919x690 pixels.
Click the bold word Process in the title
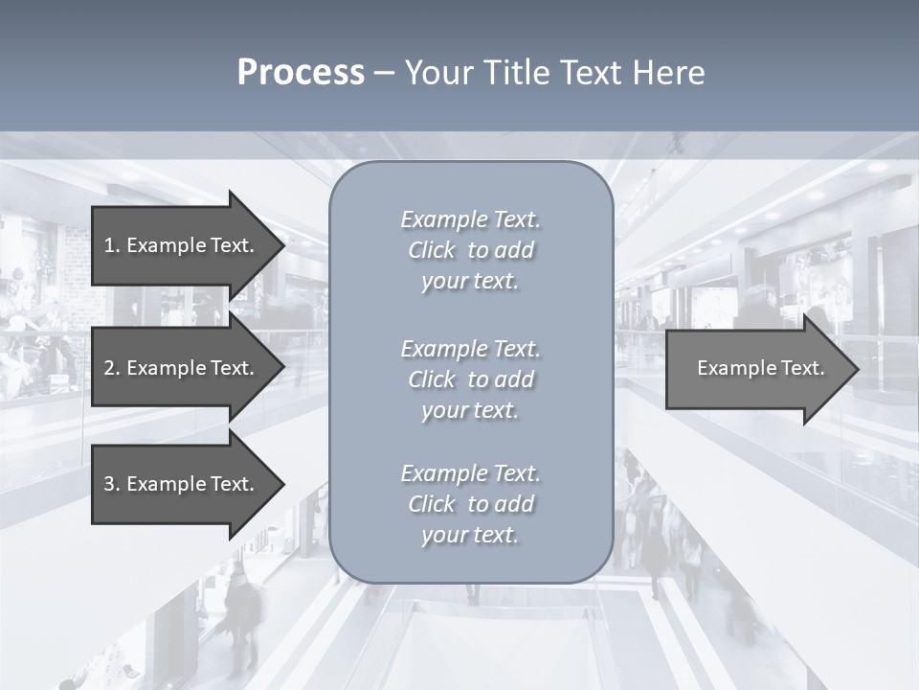tap(301, 73)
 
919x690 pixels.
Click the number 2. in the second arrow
tap(111, 368)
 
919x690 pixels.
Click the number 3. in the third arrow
tap(111, 484)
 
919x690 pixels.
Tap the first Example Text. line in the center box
tap(470, 219)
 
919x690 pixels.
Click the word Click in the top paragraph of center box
tap(432, 251)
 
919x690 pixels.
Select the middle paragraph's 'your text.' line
tap(470, 411)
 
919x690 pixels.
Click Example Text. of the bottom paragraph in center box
tap(470, 473)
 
